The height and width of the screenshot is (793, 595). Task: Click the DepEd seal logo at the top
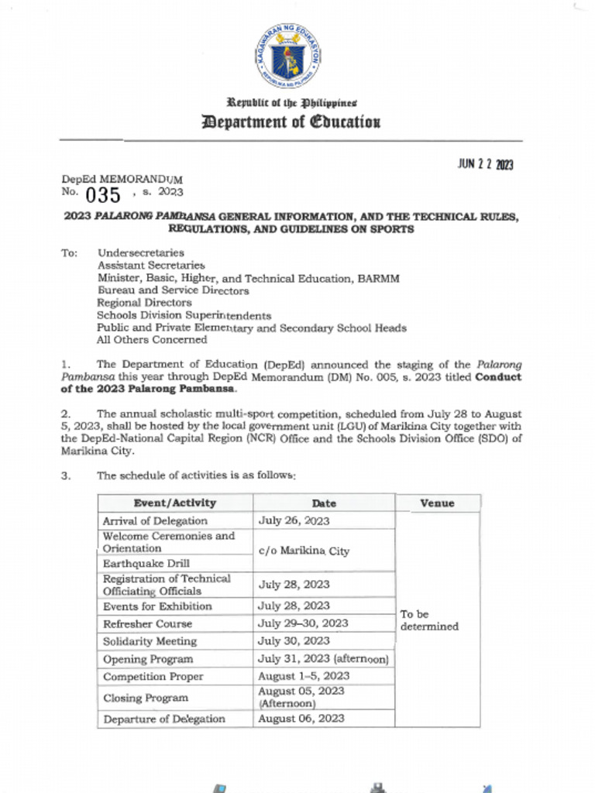tap(287, 56)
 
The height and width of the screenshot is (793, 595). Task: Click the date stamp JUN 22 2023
tap(485, 165)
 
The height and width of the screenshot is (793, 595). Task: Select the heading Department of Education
tap(291, 122)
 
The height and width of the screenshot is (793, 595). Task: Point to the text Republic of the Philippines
tap(291, 102)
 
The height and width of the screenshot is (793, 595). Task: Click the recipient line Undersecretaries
tap(140, 253)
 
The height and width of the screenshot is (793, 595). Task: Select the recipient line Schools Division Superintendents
tap(184, 315)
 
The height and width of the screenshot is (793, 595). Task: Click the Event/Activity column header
tap(175, 503)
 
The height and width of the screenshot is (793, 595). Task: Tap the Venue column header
tap(437, 503)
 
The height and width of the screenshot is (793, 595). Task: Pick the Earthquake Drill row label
tap(146, 563)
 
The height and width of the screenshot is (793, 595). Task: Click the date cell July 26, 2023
tap(294, 521)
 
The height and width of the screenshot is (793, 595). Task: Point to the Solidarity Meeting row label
tap(150, 641)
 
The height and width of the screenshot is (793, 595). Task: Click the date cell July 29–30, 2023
tap(303, 623)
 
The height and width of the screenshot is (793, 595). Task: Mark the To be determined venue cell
tap(428, 620)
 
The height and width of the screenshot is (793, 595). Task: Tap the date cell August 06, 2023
tap(301, 719)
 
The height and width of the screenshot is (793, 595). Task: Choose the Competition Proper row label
tap(153, 677)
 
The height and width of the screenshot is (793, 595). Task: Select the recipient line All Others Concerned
tap(151, 340)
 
